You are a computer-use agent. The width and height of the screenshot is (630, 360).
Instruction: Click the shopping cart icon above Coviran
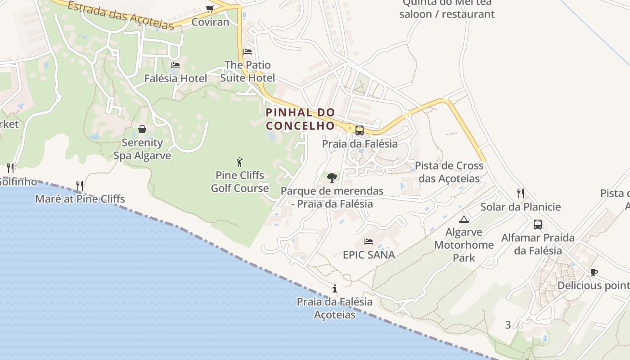(210, 9)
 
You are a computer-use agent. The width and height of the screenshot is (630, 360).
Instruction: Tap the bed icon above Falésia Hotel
(175, 65)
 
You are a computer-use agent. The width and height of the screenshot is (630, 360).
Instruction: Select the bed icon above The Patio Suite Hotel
(247, 52)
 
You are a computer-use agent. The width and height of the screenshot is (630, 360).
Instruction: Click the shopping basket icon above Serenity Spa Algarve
(142, 130)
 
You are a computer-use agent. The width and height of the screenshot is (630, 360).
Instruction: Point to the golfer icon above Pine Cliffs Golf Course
(239, 162)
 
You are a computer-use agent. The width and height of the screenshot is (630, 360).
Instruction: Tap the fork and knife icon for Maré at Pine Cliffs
(80, 185)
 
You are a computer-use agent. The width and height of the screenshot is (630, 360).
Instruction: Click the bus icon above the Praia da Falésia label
(359, 130)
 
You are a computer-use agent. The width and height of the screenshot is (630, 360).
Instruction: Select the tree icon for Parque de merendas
(332, 178)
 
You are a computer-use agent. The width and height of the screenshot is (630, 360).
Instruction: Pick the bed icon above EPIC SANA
(369, 242)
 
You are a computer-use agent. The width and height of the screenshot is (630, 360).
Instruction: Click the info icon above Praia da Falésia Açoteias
(334, 288)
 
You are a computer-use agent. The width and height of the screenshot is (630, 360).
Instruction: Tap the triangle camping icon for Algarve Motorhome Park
(463, 220)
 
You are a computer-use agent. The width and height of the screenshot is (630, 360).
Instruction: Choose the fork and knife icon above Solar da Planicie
(520, 193)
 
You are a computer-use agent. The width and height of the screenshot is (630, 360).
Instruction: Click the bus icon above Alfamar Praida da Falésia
(537, 225)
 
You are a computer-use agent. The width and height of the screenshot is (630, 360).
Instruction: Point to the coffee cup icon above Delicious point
(594, 272)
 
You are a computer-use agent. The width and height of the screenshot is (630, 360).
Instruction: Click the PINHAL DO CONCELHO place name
(300, 119)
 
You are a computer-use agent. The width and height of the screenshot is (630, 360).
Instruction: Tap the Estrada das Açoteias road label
(121, 15)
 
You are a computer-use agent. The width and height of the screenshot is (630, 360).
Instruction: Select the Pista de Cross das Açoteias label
(449, 172)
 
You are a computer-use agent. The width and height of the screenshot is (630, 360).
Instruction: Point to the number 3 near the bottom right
(508, 325)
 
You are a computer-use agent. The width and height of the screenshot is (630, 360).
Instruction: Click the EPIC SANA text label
(369, 255)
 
